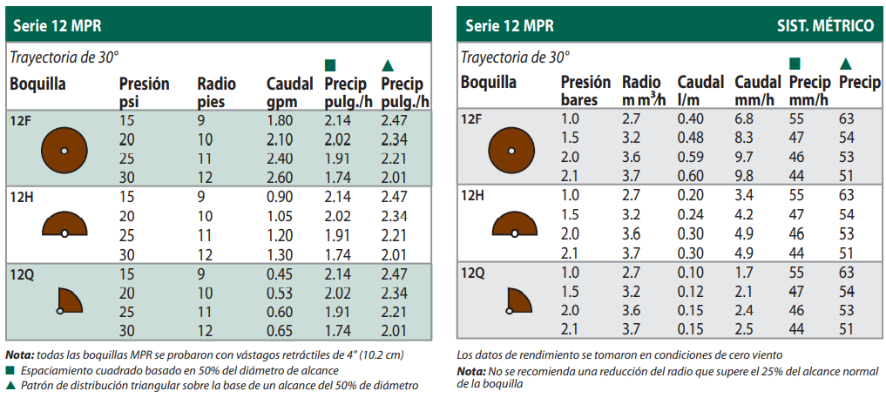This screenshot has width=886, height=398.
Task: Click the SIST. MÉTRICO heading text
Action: pos(825,25)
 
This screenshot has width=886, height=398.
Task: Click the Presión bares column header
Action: pos(585,91)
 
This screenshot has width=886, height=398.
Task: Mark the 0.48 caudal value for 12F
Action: pos(691,138)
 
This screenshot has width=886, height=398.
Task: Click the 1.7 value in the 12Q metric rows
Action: pos(743,272)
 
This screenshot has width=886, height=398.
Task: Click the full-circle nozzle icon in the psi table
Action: pos(64,150)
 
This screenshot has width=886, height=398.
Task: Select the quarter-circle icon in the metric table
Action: pos(519,300)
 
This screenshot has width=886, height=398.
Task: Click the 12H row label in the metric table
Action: pos(472,195)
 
